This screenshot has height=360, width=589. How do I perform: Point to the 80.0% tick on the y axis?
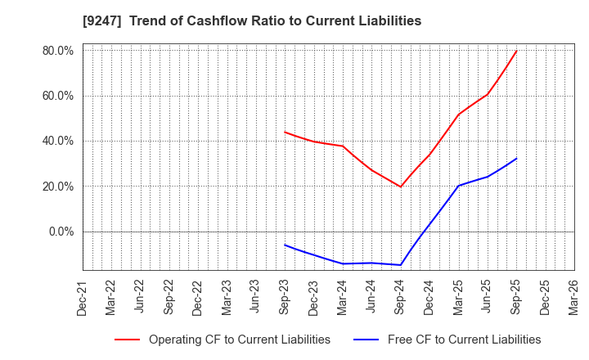click(57, 51)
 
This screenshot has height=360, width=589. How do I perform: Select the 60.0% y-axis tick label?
click(57, 96)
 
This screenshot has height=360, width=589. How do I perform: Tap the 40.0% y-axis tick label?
click(57, 141)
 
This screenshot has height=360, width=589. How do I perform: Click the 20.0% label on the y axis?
click(57, 187)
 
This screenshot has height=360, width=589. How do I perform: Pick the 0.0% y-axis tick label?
click(61, 232)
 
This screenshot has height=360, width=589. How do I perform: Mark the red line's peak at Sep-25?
click(516, 52)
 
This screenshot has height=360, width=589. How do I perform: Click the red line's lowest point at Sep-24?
click(400, 187)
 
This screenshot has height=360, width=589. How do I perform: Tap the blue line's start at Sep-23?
click(285, 245)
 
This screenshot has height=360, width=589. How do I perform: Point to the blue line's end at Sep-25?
click(516, 159)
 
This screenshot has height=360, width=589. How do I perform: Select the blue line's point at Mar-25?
click(458, 186)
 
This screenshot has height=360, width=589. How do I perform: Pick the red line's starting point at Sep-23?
click(285, 132)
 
